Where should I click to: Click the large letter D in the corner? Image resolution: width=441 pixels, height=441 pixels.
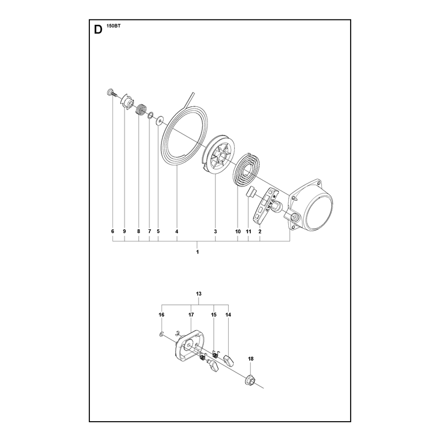[98, 30]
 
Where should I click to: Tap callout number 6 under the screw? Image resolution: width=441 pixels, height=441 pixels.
[113, 232]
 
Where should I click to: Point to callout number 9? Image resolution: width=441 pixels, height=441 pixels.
[125, 232]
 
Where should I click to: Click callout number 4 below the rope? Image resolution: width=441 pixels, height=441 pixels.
[176, 232]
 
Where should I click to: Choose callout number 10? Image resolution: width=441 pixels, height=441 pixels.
[238, 232]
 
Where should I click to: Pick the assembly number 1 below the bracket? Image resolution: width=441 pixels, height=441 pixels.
[197, 252]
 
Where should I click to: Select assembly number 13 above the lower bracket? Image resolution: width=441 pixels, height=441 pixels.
[198, 294]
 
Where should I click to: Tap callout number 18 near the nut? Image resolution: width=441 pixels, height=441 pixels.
[251, 359]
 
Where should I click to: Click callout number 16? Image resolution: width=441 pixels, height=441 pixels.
[161, 315]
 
